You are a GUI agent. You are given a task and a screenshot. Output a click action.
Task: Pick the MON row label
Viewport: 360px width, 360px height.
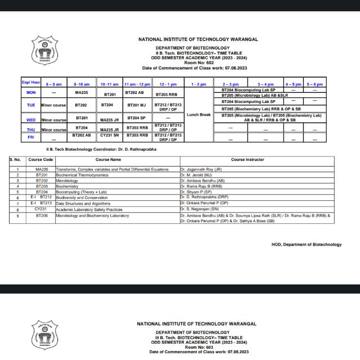tap(31, 92)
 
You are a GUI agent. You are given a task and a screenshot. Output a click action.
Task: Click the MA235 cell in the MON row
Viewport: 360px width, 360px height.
tap(82, 92)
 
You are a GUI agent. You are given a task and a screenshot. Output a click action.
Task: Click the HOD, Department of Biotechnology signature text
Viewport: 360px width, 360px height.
tap(306, 245)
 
